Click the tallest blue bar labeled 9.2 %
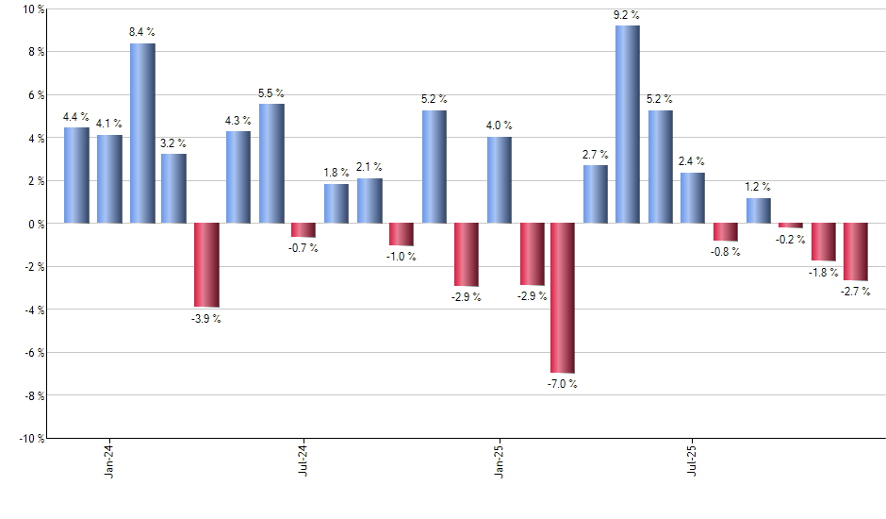click(628, 125)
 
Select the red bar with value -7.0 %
click(563, 298)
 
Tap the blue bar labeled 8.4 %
click(142, 133)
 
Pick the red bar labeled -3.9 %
click(206, 265)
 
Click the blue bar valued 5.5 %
click(271, 163)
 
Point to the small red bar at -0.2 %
click(790, 226)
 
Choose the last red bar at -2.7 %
click(855, 252)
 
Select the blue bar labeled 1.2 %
click(758, 210)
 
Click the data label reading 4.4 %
click(76, 117)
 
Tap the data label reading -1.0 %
click(401, 258)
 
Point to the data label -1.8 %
click(822, 273)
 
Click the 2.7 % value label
click(595, 154)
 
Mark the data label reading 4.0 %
click(499, 126)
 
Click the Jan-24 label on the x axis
click(110, 459)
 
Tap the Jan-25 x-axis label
click(499, 459)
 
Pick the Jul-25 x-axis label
click(693, 459)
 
